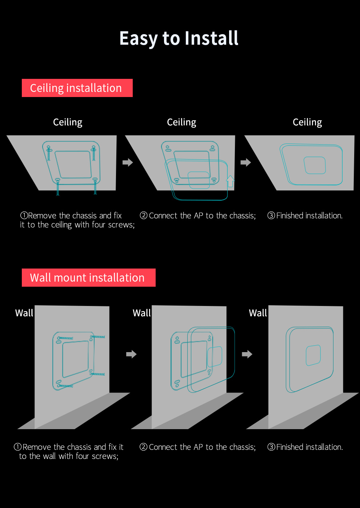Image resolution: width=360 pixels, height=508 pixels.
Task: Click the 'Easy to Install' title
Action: [179, 38]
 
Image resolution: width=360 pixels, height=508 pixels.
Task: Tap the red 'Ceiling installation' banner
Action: [77, 88]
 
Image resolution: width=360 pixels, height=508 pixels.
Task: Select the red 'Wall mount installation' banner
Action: [88, 278]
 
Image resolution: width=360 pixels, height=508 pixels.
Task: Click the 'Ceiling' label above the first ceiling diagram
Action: [68, 122]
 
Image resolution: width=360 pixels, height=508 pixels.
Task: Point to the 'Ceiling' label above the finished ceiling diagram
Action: [307, 122]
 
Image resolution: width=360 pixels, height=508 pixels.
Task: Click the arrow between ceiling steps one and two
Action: [128, 162]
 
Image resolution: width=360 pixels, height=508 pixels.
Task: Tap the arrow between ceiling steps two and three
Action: [246, 162]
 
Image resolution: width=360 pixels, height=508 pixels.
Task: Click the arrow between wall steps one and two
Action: [131, 354]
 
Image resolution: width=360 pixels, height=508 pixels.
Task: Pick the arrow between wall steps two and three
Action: [247, 354]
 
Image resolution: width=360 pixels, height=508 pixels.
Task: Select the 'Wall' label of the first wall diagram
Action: [24, 313]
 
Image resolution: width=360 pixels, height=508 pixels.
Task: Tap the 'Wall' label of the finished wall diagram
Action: [258, 313]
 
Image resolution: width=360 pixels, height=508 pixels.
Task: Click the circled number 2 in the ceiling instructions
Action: [144, 215]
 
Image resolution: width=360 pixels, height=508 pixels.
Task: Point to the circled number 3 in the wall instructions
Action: [271, 447]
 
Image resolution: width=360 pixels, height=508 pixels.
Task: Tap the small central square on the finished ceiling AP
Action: [315, 165]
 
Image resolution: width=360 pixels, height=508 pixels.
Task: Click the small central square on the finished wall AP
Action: [313, 355]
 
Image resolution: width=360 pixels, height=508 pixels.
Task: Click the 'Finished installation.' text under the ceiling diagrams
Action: [309, 215]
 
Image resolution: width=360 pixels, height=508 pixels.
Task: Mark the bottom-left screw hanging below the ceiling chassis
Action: [57, 188]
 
